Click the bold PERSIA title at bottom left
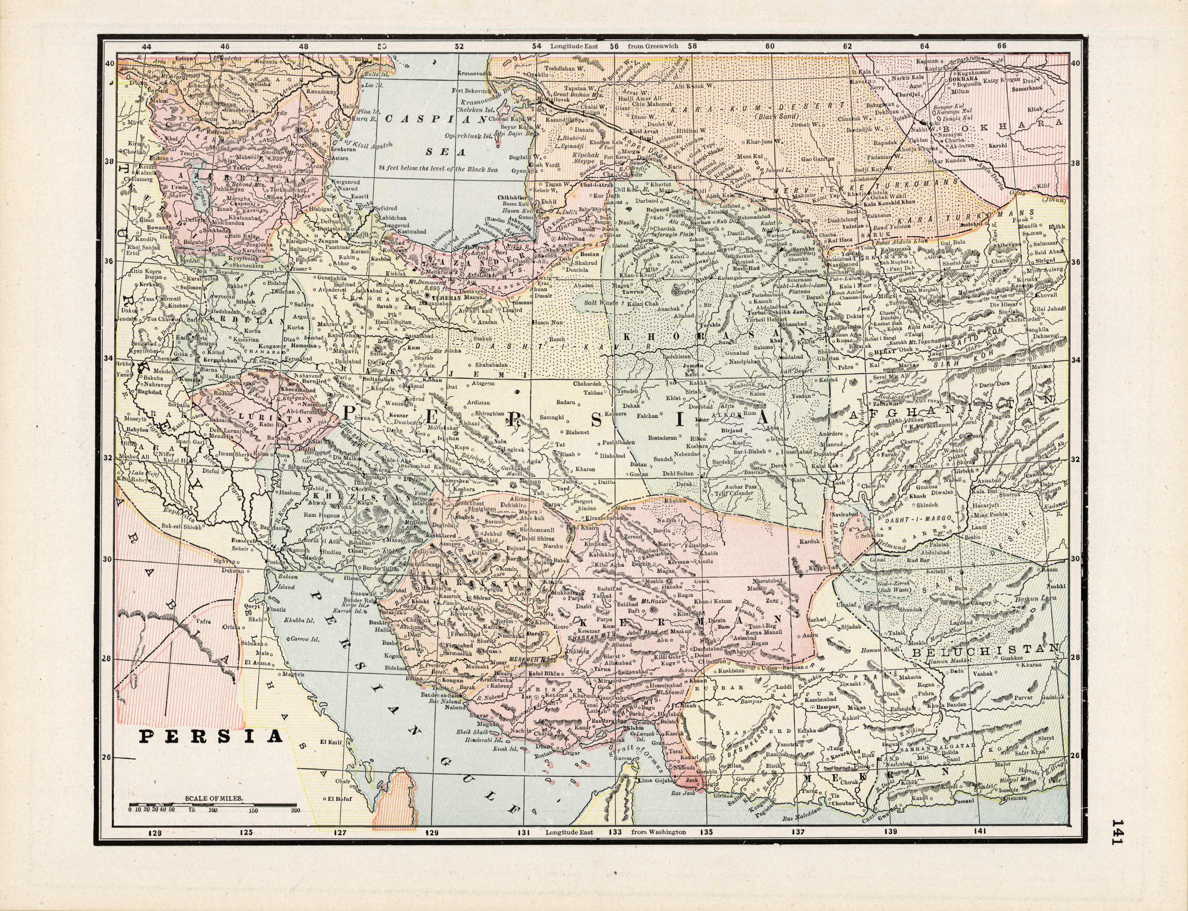coord(211,736)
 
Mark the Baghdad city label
coord(149,391)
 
